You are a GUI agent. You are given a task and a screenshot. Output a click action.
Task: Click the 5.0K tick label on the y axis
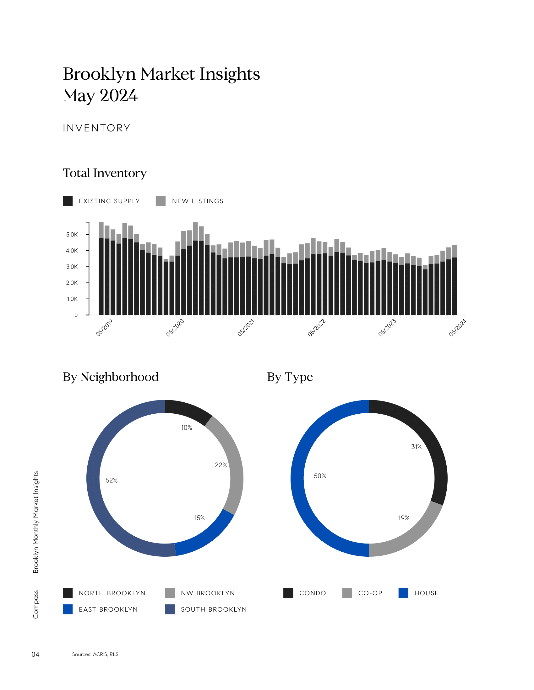point(72,235)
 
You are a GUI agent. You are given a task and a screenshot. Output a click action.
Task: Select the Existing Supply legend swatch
point(68,201)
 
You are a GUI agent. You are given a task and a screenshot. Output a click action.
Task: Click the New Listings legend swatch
point(161,201)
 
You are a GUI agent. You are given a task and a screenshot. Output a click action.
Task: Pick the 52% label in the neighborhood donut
point(112,480)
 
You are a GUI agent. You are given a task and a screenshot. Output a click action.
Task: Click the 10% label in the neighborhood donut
point(187,428)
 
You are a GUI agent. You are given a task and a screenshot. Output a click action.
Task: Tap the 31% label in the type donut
point(416,447)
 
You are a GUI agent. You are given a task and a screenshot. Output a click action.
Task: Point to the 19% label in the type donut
point(404,518)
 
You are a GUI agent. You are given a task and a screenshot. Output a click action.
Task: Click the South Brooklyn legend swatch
point(170,609)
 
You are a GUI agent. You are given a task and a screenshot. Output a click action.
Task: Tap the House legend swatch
point(403,593)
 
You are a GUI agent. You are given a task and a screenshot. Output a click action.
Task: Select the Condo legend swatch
point(288,593)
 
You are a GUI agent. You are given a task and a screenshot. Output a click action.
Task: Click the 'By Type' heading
point(290,377)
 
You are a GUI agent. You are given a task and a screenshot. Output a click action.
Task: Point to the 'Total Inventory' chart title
point(105,173)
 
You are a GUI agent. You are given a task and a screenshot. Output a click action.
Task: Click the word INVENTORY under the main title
point(96,128)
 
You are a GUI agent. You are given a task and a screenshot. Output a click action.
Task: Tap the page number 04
point(35,654)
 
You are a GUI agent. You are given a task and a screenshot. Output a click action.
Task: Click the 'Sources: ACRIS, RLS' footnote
point(95,654)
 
